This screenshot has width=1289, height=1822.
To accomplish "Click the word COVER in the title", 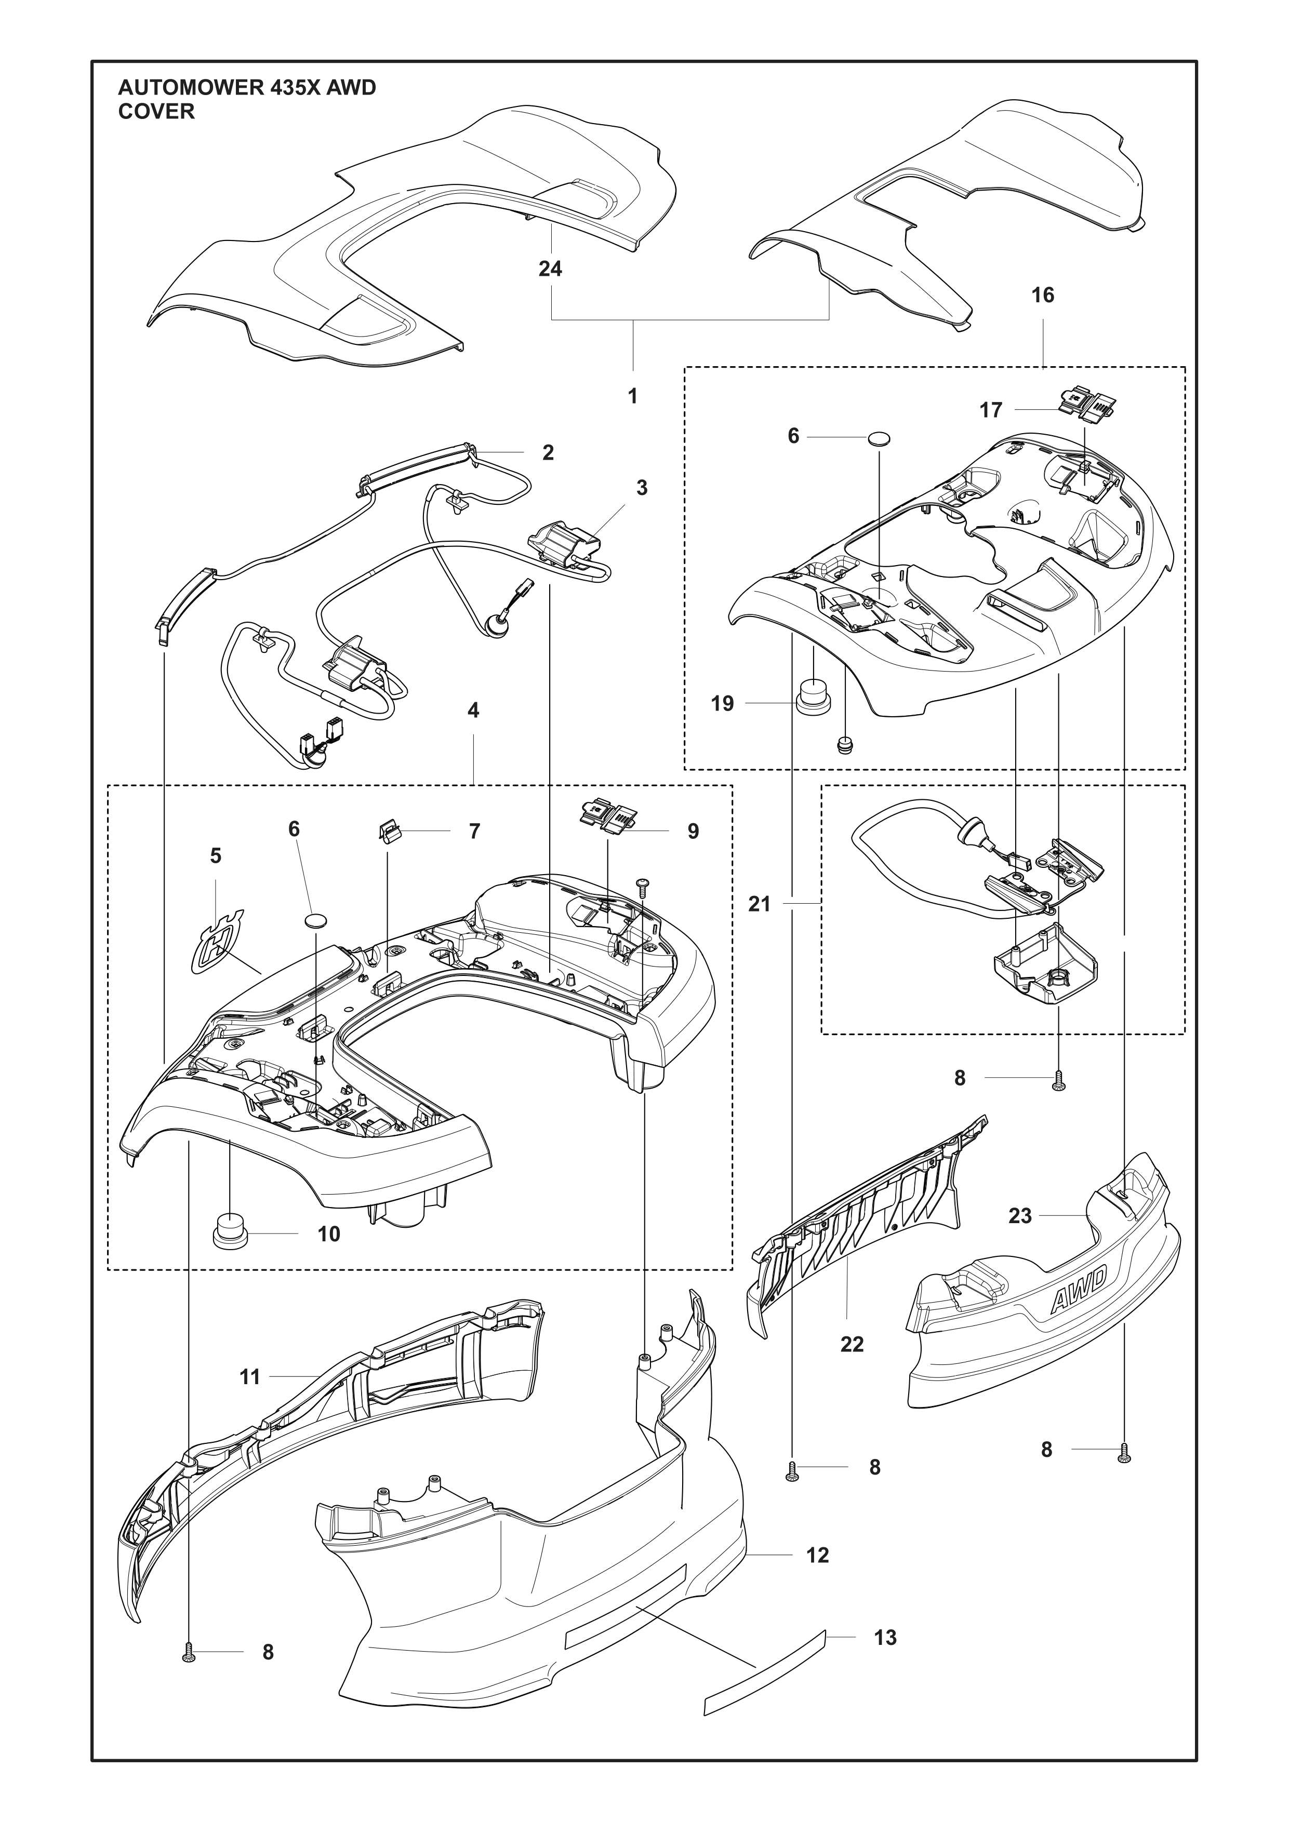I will click(x=156, y=112).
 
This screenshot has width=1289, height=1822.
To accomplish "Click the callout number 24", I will click(x=550, y=269).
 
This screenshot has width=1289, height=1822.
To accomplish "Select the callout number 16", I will click(x=1042, y=295).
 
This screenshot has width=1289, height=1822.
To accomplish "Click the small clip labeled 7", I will click(x=388, y=832).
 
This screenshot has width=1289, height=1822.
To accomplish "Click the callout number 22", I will click(x=852, y=1344).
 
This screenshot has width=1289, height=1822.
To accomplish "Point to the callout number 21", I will click(x=760, y=904).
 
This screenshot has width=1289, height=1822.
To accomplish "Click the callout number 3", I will click(x=641, y=488).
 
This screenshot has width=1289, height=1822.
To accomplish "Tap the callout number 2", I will click(x=548, y=452).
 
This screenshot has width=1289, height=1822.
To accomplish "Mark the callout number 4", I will click(x=473, y=710).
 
